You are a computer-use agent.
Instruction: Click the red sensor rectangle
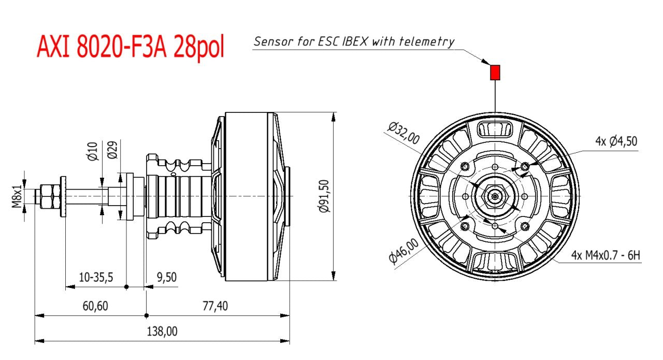point(495,73)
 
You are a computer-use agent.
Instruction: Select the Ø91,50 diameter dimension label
point(324,196)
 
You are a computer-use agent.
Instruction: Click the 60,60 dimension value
point(95,306)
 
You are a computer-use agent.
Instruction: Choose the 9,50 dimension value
point(166,277)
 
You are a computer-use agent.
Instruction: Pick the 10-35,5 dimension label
point(96,277)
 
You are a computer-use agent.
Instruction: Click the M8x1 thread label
point(17,196)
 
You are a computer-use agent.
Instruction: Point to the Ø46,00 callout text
point(403,252)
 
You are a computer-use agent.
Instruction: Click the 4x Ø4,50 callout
point(616,141)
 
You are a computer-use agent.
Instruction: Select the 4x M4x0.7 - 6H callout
point(606,255)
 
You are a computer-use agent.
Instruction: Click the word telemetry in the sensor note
point(427,41)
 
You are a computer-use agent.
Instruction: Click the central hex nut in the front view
point(495,196)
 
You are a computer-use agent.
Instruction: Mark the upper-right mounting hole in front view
point(525,166)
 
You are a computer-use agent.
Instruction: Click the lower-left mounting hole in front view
point(465,226)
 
